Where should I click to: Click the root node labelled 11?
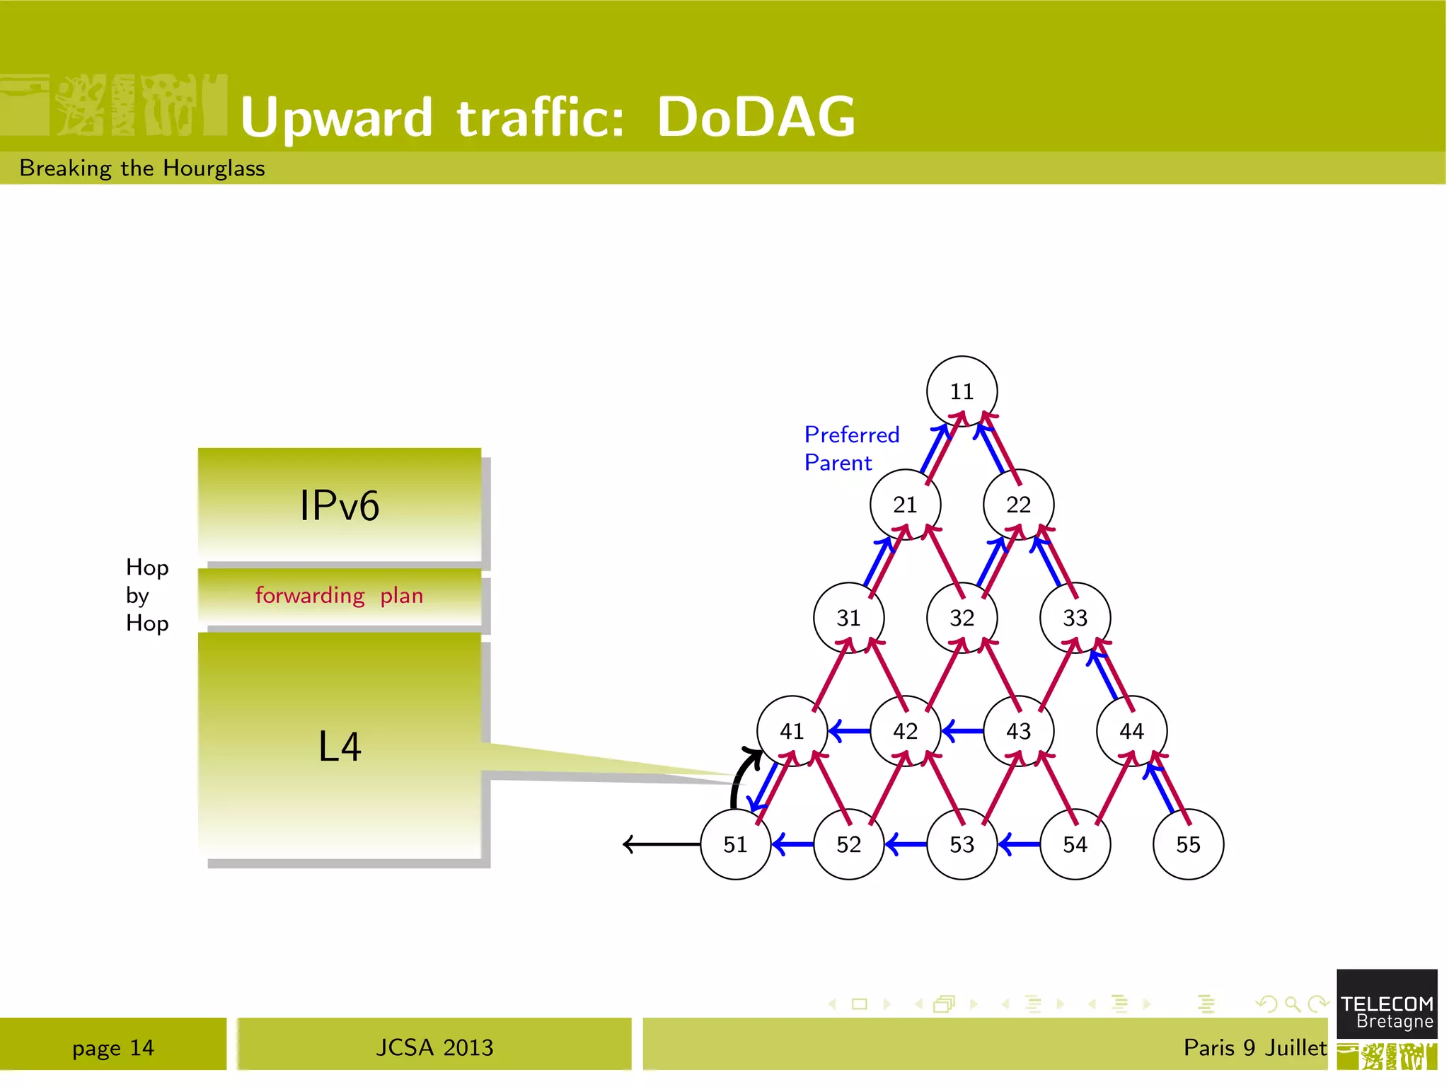(x=962, y=391)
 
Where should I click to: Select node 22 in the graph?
(x=1018, y=505)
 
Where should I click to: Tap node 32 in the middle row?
(x=962, y=618)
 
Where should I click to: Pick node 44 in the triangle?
(x=1131, y=731)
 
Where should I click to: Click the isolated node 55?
(x=1188, y=844)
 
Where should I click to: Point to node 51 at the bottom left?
(x=735, y=844)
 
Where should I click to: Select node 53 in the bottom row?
(x=962, y=844)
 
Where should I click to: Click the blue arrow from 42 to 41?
(x=849, y=730)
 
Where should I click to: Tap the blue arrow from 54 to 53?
(x=1019, y=844)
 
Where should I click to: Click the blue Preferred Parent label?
(x=851, y=448)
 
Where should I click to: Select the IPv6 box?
(x=340, y=505)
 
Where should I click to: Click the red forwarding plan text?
(x=339, y=596)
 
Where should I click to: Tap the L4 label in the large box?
(x=340, y=747)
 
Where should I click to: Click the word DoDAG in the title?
(x=756, y=117)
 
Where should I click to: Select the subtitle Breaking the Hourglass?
(x=142, y=168)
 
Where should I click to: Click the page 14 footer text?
(x=113, y=1047)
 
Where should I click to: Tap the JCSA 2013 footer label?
(x=434, y=1047)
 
